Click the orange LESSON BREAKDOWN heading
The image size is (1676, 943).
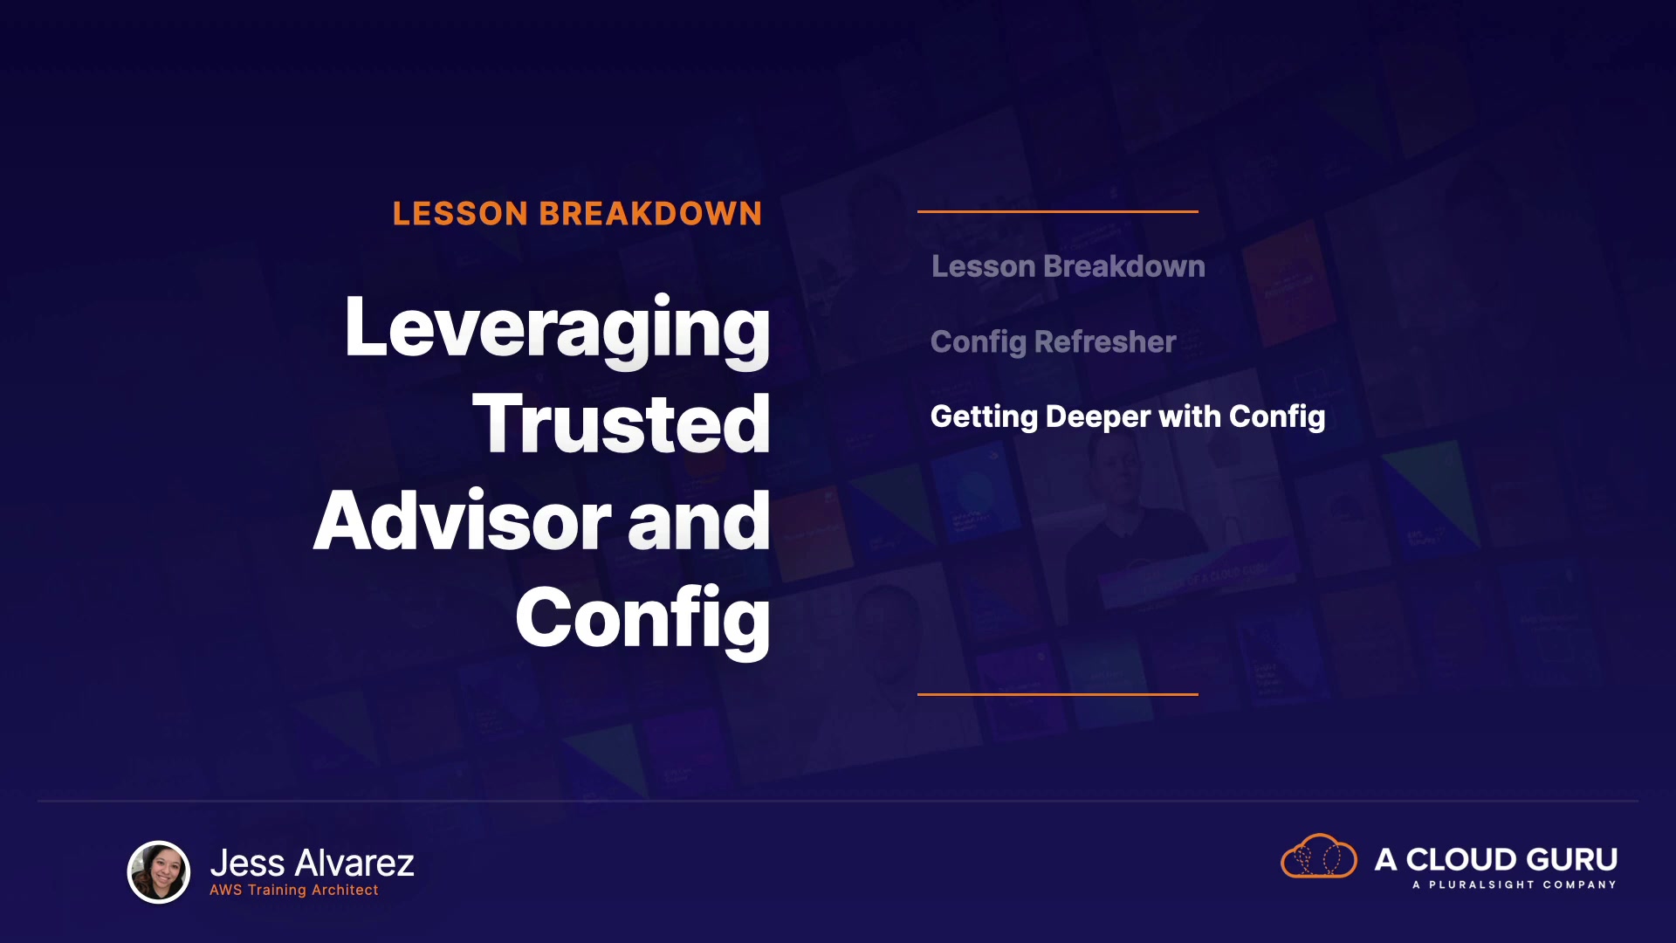pos(577,214)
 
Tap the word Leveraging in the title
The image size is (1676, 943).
pos(558,329)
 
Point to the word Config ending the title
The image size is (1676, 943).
pos(642,620)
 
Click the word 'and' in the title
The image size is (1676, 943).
pos(698,520)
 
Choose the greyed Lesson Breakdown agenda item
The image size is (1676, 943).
pos(1068,266)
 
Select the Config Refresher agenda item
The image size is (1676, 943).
pos(1054,342)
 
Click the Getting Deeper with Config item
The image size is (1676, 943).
pos(1128,417)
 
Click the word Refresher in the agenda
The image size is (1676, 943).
pos(1105,341)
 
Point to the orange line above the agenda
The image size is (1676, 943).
pos(1058,211)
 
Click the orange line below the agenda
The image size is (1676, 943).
pos(1058,694)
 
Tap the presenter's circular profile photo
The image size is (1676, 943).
pos(159,871)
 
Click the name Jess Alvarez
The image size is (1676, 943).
pos(313,863)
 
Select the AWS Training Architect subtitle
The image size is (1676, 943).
pos(294,890)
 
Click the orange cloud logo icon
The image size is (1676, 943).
pos(1319,857)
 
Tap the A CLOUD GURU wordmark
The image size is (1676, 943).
pos(1496,859)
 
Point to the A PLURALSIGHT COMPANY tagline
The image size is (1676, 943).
pos(1515,884)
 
